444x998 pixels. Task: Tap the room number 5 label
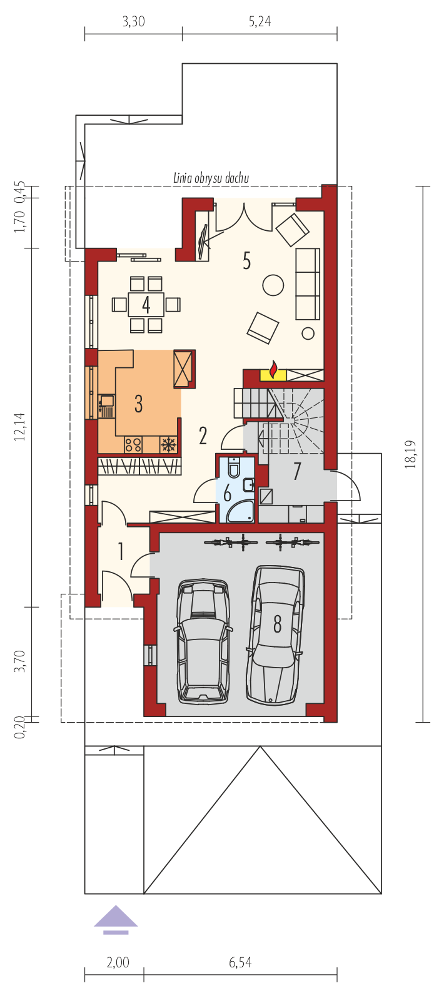click(247, 260)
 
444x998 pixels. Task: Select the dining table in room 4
click(146, 304)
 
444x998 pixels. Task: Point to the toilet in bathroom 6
click(235, 467)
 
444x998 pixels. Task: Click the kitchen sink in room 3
click(106, 406)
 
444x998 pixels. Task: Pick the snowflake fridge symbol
click(168, 444)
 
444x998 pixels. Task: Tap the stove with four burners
click(133, 444)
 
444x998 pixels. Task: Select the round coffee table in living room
click(273, 285)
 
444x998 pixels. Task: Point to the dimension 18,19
click(410, 454)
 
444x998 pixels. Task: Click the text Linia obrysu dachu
click(211, 178)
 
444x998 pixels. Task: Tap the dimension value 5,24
click(260, 21)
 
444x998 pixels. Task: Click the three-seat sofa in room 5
click(308, 284)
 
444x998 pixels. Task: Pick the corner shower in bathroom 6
click(241, 511)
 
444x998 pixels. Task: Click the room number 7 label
click(297, 471)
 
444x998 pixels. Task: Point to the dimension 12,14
click(19, 427)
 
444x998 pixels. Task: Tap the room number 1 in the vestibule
click(120, 551)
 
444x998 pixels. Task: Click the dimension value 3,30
click(134, 21)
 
